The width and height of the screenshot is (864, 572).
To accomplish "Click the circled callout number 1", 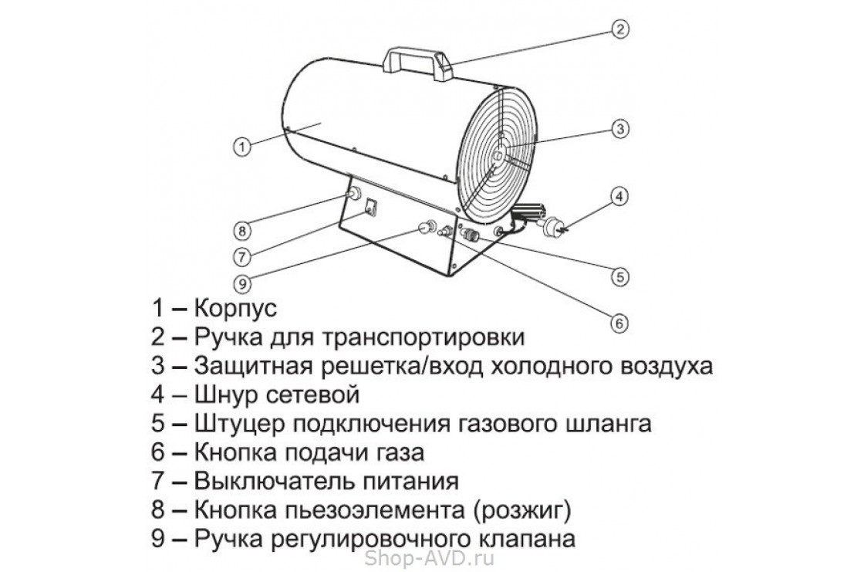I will [x=241, y=146].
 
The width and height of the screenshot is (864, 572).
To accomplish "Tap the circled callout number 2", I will [x=621, y=29].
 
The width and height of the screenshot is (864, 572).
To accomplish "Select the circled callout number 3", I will [x=619, y=130].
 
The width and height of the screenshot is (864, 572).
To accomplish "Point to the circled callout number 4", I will [x=619, y=196].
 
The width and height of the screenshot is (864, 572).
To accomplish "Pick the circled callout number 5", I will [x=619, y=274].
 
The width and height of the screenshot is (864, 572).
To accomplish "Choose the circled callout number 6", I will [x=619, y=323].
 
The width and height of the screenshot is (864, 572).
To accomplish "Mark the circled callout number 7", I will [x=241, y=256].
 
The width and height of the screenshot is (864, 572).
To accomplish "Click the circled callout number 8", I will [x=241, y=230].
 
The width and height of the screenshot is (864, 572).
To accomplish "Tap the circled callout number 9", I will [x=241, y=283].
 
